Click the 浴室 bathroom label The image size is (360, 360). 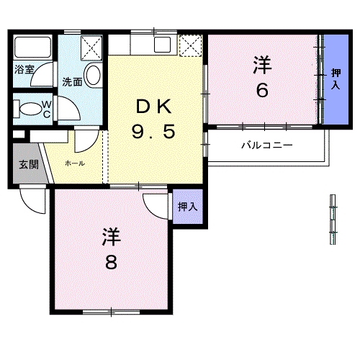point(24,69)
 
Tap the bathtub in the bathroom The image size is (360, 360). point(32,47)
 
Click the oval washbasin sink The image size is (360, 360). point(93,75)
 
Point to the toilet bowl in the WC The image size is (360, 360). point(30,109)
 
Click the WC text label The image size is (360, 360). point(47,109)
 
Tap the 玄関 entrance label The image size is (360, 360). point(29,164)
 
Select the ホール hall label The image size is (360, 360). point(75,163)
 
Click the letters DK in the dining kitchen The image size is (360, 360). point(154,107)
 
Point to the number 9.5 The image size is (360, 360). point(153,132)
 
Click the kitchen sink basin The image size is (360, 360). point(162,45)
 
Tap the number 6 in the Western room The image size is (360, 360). point(262,90)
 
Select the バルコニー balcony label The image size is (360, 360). point(266,145)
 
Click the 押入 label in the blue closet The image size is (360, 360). point(336,79)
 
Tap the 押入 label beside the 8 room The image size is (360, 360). point(188,207)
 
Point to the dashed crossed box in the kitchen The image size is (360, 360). point(191,45)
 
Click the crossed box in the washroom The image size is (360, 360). point(91,48)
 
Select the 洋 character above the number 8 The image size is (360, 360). point(111,237)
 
